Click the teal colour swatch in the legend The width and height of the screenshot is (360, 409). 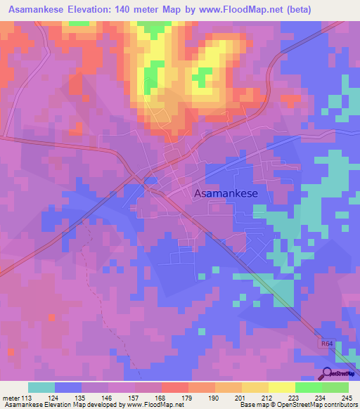pos(41,387)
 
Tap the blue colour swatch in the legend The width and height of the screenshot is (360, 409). pos(68,387)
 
